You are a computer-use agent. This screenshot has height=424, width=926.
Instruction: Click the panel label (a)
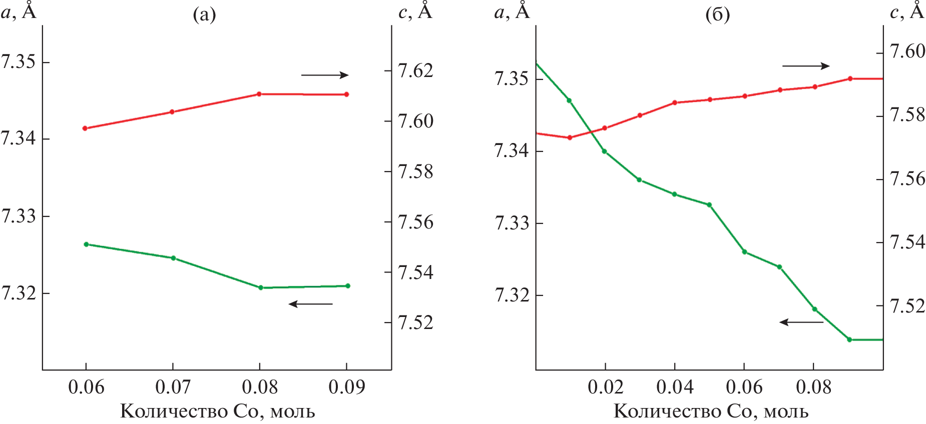tap(204, 15)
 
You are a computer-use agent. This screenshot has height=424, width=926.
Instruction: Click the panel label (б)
tap(717, 15)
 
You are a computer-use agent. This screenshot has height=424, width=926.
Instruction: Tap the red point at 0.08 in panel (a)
tap(259, 94)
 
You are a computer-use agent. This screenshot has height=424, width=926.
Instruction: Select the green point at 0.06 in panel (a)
tap(86, 244)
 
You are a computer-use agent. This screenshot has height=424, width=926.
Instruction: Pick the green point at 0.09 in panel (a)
tap(348, 286)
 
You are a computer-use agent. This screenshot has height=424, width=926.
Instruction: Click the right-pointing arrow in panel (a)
tap(324, 75)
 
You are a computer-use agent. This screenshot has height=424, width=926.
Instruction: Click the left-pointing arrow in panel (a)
tap(311, 304)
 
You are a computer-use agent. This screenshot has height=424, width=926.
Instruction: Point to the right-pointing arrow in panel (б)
tap(806, 66)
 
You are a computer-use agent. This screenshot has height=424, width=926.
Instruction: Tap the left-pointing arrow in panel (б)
tap(801, 322)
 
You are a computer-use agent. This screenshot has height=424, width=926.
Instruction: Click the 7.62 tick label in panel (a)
tap(415, 71)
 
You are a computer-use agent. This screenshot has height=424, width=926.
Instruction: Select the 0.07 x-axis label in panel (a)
tap(173, 387)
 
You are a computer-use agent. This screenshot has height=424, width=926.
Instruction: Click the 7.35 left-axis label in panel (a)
tap(19, 62)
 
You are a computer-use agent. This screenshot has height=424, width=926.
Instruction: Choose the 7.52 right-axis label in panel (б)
tap(907, 306)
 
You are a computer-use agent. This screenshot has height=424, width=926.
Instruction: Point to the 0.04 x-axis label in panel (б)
tap(675, 387)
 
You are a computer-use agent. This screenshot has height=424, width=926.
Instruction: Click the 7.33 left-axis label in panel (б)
tap(512, 223)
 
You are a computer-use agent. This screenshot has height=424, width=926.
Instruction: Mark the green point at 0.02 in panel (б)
tap(604, 151)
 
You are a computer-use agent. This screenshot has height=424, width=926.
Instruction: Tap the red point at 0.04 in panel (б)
tap(675, 102)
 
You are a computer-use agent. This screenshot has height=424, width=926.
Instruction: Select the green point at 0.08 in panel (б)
tap(814, 309)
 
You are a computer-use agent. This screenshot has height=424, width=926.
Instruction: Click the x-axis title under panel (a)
tap(218, 411)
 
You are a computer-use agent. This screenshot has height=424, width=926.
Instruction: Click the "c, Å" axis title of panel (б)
tap(906, 11)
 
